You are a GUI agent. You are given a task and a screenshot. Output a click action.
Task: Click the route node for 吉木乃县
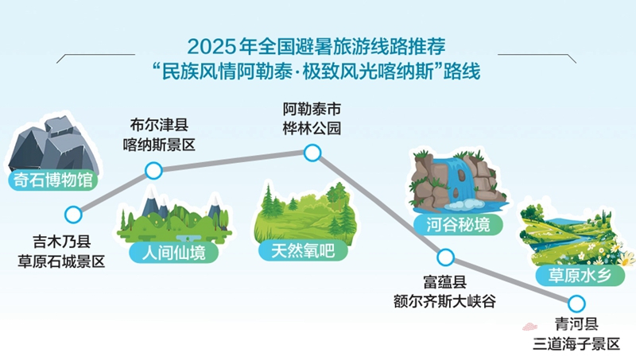click(x=73, y=215)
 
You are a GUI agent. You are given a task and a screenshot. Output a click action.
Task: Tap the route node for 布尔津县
click(x=153, y=171)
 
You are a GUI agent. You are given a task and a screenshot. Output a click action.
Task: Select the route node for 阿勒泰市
click(x=312, y=153)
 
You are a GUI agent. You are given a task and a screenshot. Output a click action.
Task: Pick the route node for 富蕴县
click(x=445, y=257)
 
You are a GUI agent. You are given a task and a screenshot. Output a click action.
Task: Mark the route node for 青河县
click(x=576, y=304)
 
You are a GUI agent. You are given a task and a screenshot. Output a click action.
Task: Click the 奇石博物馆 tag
click(x=53, y=180)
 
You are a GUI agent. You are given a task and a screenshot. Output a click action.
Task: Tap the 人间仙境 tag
click(x=173, y=253)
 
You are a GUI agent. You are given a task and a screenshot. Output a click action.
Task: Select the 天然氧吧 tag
click(x=303, y=251)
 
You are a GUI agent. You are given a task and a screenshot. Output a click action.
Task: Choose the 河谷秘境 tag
click(x=458, y=225)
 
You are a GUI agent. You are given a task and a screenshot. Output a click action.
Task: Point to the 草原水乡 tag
click(x=580, y=276)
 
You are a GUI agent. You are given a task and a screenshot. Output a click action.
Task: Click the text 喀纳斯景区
click(x=159, y=145)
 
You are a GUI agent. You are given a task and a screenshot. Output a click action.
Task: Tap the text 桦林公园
click(x=312, y=128)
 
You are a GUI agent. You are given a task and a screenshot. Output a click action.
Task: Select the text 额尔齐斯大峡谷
click(x=444, y=301)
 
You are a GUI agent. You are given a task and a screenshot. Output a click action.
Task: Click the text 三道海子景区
click(x=576, y=344)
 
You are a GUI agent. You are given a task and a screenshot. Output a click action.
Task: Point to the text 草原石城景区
click(x=61, y=261)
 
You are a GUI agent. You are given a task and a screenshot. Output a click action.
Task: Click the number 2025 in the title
click(x=211, y=47)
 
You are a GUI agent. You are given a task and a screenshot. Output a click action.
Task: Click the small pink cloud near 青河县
click(x=529, y=327)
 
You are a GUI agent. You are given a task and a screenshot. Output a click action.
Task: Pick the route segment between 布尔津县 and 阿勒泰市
click(x=233, y=162)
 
